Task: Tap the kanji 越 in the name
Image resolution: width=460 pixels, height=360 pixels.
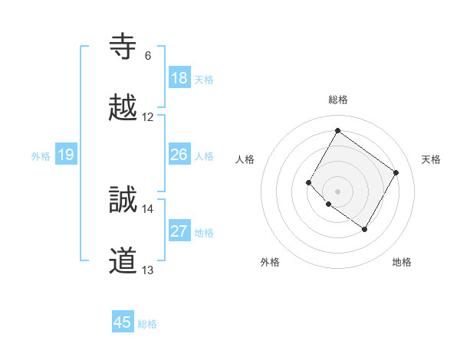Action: pos(123,108)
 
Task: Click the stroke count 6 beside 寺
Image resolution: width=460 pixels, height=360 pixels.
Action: pos(148,56)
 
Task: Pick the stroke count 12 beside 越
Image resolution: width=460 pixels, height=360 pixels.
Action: pos(148,117)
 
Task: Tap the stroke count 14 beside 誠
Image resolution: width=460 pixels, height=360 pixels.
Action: pos(148,208)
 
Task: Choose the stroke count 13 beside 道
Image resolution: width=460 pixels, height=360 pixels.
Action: pos(148,270)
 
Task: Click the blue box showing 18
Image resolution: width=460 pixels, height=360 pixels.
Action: pos(179,78)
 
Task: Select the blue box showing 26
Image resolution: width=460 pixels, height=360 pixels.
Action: pos(179,155)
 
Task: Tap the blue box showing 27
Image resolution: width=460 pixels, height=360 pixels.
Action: pos(179,232)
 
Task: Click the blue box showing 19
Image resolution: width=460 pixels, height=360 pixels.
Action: pos(66,155)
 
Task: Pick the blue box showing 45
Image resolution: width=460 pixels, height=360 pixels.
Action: pos(123,322)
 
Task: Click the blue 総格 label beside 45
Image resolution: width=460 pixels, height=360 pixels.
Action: pos(147,324)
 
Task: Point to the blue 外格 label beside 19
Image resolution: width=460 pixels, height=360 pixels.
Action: pos(41,156)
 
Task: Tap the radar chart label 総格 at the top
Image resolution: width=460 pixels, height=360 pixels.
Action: pos(337,100)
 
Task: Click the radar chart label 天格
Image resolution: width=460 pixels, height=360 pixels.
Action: pos(432,159)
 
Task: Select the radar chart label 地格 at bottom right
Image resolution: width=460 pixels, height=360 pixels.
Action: pos(402,262)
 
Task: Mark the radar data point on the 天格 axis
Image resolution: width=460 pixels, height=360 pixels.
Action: pos(396,172)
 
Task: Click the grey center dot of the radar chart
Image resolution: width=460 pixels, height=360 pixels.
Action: pos(337,191)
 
